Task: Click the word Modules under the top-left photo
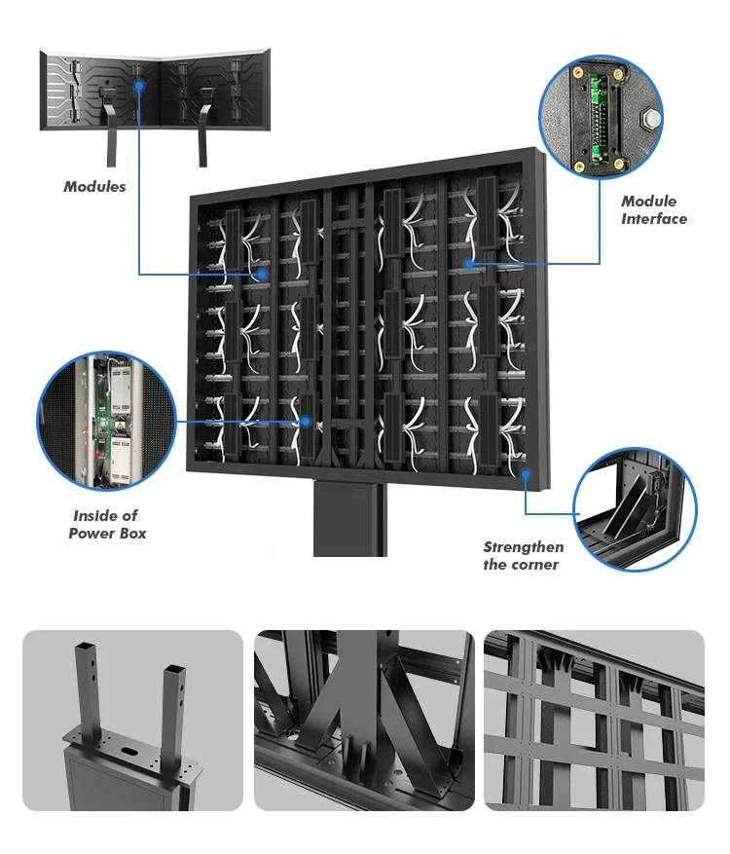[x=94, y=186]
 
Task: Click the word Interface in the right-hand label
[x=654, y=219]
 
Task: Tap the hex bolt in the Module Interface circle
[x=650, y=120]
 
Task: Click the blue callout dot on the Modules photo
[x=139, y=85]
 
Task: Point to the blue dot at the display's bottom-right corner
[x=526, y=474]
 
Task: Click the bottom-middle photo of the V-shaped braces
[x=364, y=721]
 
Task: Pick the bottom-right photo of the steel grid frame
[x=593, y=721]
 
